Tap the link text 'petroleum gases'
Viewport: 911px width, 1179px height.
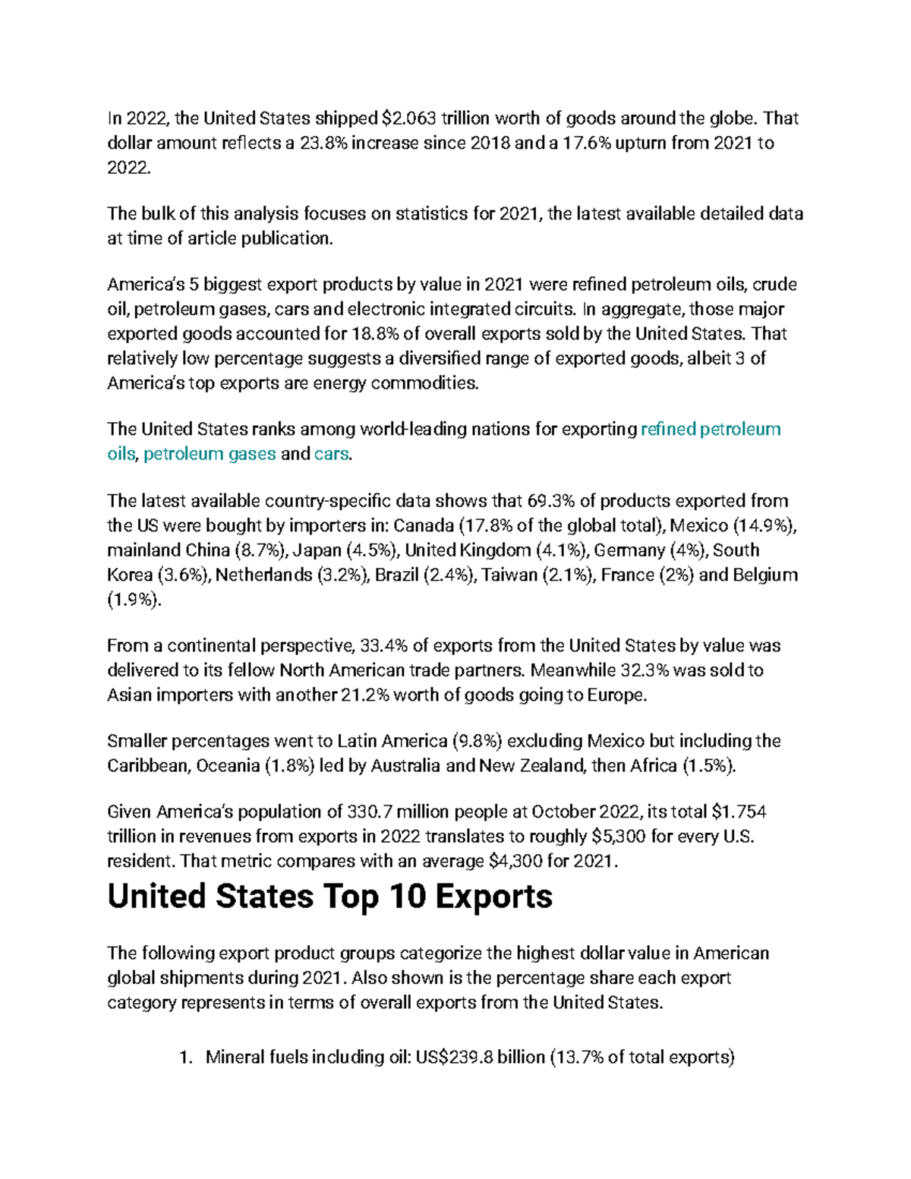coord(210,454)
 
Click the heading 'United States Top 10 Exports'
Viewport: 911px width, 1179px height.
coord(329,897)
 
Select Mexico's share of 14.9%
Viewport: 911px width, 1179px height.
coord(764,525)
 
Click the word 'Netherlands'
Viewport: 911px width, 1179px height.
coord(263,575)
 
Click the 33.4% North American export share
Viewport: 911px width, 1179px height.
coord(383,646)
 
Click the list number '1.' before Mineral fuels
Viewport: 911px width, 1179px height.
coord(185,1057)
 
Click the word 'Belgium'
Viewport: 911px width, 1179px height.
coord(764,575)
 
